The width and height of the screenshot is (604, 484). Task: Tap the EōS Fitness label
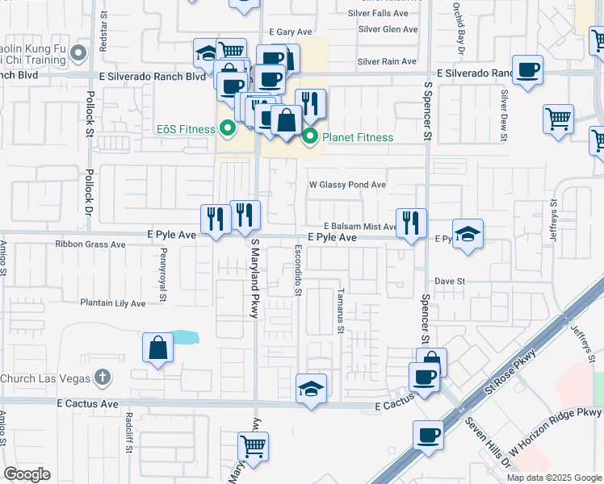coord(185,127)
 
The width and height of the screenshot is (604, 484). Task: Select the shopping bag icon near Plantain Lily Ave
coord(158,348)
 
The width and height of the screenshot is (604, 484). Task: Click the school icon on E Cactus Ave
coord(311,389)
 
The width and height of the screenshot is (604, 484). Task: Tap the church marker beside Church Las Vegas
coord(101,378)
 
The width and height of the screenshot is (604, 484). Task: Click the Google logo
coord(27,474)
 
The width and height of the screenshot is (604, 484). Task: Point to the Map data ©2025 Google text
coord(553,478)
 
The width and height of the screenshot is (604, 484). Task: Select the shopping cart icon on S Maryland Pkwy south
coord(253,446)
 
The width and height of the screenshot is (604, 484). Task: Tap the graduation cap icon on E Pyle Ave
coord(468,234)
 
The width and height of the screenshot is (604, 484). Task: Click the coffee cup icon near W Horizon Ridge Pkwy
coord(428,436)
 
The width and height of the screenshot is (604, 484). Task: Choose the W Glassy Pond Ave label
coord(348,185)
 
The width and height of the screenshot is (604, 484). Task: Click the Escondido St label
coord(297,269)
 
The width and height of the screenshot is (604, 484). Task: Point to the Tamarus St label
coord(341,311)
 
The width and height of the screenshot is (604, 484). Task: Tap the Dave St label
coord(451,281)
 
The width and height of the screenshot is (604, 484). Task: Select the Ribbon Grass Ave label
coord(90,244)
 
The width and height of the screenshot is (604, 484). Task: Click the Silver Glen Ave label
coord(388,29)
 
